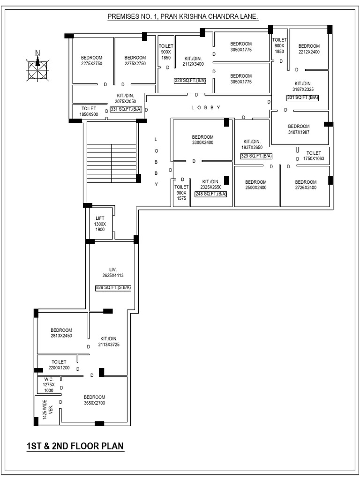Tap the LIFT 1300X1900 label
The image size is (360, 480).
coord(100,224)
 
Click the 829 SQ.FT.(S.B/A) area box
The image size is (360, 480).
coord(113,288)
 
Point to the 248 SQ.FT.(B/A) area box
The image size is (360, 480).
coord(211,194)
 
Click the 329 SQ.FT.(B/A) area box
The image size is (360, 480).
coord(256,156)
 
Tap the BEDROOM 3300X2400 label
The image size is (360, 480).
coord(202,140)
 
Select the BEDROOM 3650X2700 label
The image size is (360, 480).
coord(94,400)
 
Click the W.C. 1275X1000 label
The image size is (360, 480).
coord(49,384)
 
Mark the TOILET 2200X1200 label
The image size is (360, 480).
coord(59,365)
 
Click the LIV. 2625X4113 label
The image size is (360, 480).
coord(113,272)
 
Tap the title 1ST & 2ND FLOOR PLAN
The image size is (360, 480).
coord(75,445)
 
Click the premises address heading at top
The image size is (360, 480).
coord(183,17)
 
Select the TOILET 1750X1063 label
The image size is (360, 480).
coord(314,156)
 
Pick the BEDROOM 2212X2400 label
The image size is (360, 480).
coord(309,49)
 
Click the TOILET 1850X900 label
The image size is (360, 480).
coord(89,112)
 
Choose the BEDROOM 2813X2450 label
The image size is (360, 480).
coord(61,332)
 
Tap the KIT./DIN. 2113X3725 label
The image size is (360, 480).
coord(109,341)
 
